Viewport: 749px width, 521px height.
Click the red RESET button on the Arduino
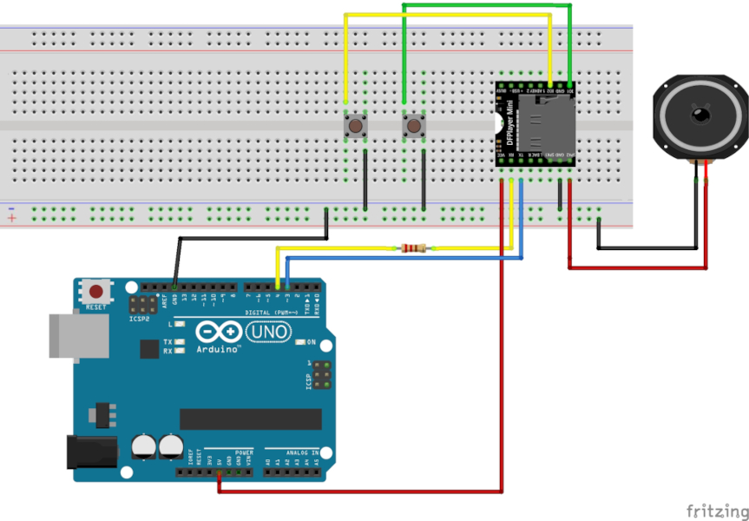pyautogui.click(x=96, y=292)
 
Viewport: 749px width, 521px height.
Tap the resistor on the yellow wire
pyautogui.click(x=414, y=249)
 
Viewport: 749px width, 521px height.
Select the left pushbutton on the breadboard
pyautogui.click(x=355, y=128)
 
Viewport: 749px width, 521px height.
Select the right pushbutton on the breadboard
pyautogui.click(x=414, y=128)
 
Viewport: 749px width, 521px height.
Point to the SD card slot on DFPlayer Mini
pyautogui.click(x=549, y=124)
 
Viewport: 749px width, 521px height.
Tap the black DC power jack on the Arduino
pyautogui.click(x=91, y=452)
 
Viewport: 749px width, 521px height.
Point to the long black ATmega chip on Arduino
pyautogui.click(x=250, y=419)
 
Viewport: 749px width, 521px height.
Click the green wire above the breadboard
pyautogui.click(x=486, y=6)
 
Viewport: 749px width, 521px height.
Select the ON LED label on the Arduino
pyautogui.click(x=311, y=342)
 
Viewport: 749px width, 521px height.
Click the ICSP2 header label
pyautogui.click(x=141, y=319)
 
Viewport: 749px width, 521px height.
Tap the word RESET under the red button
pyautogui.click(x=96, y=307)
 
